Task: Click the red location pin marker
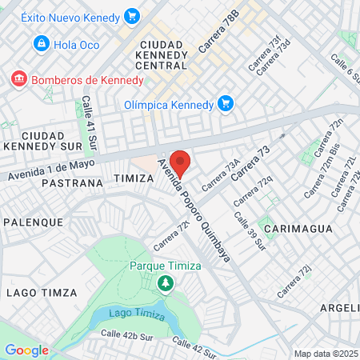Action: (180, 163)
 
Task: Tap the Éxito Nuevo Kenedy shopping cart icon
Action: (133, 15)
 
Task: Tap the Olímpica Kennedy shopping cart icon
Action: (226, 104)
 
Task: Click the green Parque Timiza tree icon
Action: (166, 282)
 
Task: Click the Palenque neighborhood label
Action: (33, 221)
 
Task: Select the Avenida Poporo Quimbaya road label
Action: (197, 210)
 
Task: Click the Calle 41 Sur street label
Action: (89, 121)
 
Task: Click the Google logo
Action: (26, 350)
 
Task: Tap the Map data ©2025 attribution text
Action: (326, 354)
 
